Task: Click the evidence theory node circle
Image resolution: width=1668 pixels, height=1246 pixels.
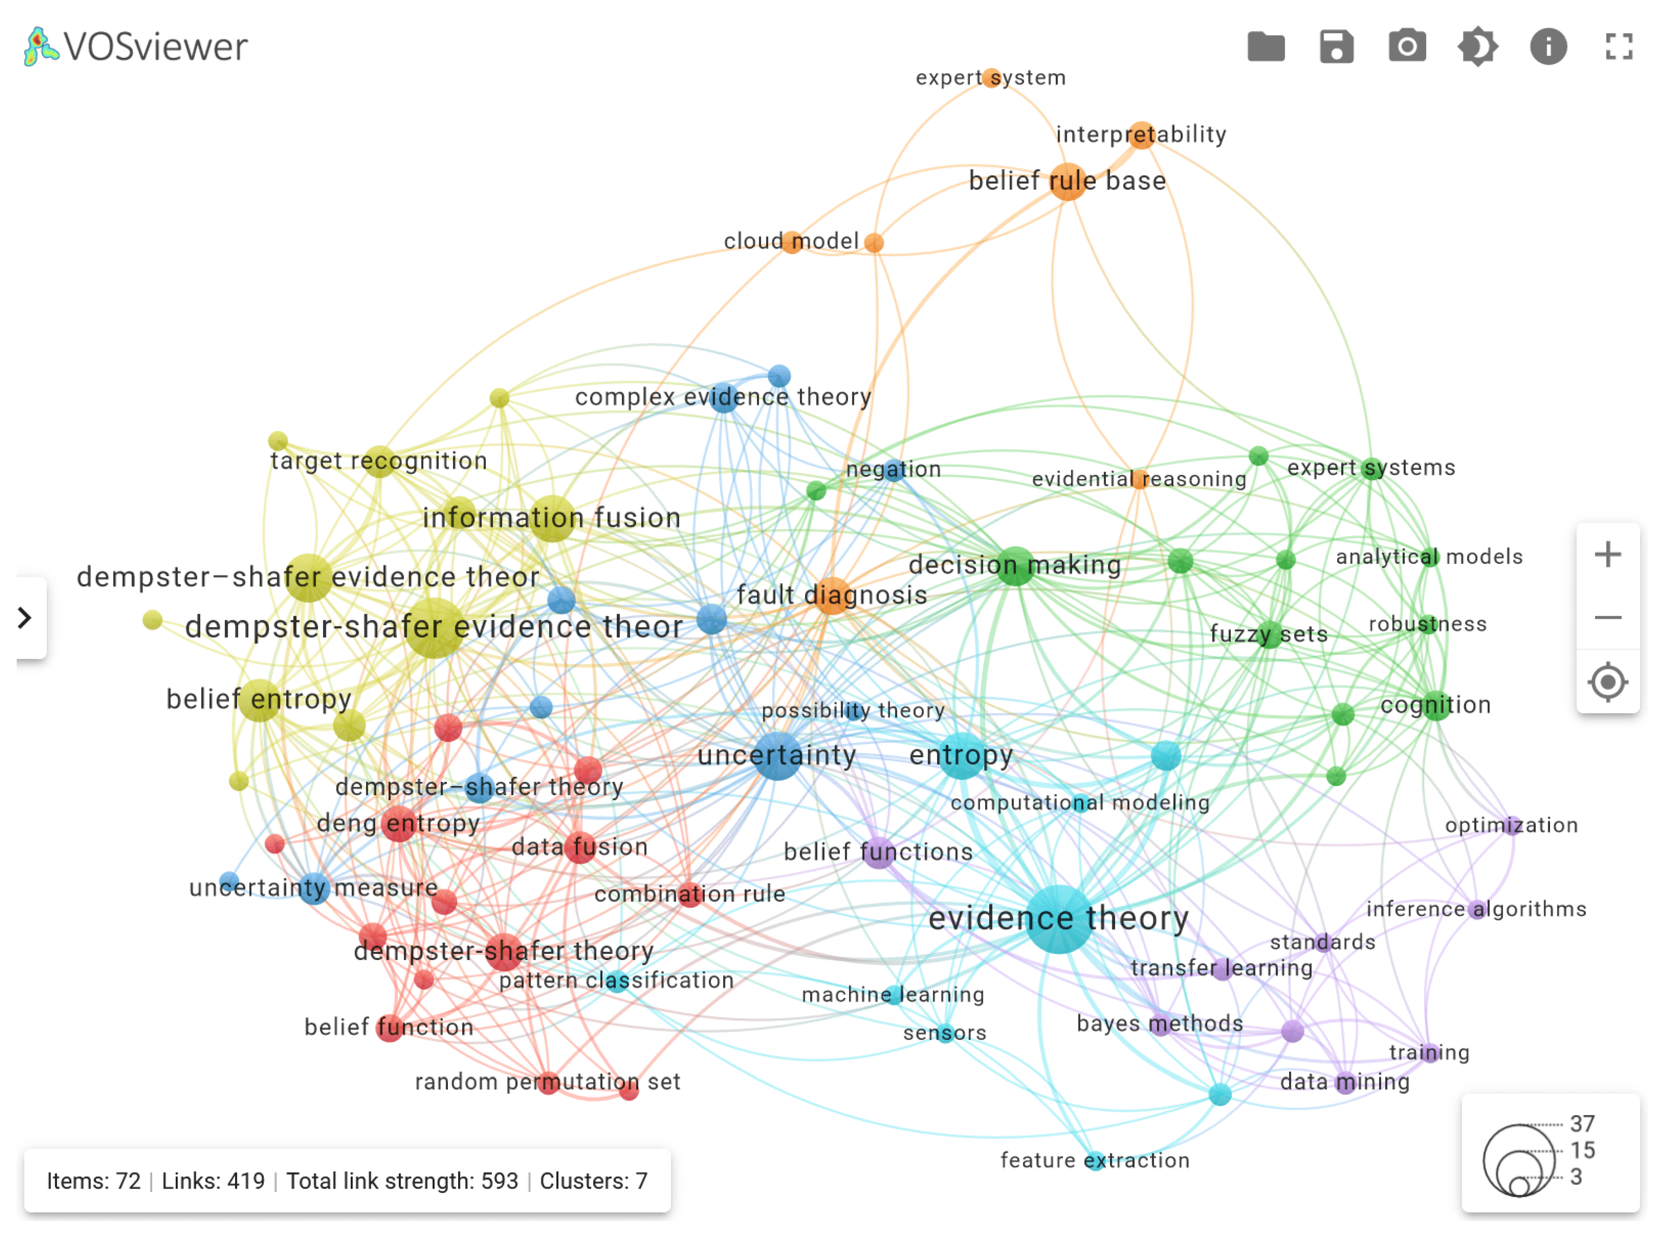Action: click(1058, 919)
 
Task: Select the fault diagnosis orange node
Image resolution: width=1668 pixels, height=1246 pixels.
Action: click(832, 596)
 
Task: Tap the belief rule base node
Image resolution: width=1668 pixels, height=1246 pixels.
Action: click(1068, 181)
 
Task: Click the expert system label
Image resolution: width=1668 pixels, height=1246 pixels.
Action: click(990, 78)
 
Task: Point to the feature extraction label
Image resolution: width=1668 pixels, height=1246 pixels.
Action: click(1094, 1160)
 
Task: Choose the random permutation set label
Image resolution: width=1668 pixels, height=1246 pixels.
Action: click(547, 1082)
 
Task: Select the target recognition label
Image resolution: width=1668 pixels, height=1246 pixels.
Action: click(378, 461)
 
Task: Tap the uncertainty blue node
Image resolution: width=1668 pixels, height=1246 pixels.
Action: click(777, 755)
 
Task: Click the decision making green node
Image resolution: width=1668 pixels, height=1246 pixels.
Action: click(1015, 566)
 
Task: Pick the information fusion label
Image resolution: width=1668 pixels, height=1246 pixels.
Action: click(551, 518)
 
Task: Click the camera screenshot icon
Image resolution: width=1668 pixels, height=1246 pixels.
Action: click(1406, 47)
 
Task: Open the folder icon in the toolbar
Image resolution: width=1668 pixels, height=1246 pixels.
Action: click(1266, 47)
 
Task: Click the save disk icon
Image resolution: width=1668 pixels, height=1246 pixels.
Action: click(1336, 47)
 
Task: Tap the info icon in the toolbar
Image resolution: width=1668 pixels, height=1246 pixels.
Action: click(1548, 47)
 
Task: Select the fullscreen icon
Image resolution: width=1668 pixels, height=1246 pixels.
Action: click(1618, 47)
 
